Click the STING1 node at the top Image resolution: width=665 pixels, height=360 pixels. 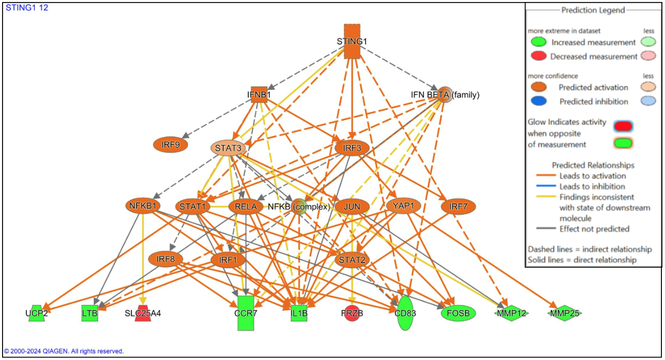pyautogui.click(x=352, y=41)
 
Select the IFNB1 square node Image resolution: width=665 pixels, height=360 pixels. pyautogui.click(x=259, y=94)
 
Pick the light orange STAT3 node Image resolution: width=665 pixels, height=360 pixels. pyautogui.click(x=228, y=149)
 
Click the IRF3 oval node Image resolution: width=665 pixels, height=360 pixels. pyautogui.click(x=352, y=149)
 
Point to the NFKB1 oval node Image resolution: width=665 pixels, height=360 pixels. pyautogui.click(x=140, y=206)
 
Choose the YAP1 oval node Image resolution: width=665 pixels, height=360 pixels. pyautogui.click(x=404, y=206)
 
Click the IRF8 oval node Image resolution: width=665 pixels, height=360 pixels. pyautogui.click(x=165, y=259)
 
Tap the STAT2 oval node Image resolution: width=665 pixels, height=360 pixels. pyautogui.click(x=352, y=259)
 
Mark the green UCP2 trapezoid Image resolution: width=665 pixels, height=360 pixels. pyautogui.click(x=36, y=313)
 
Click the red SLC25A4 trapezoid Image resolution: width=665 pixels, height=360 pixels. pyautogui.click(x=143, y=313)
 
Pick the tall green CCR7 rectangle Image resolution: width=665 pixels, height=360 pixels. pyautogui.click(x=246, y=313)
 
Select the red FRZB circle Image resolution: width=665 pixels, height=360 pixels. pyautogui.click(x=352, y=313)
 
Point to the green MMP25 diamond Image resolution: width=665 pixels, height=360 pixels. pyautogui.click(x=564, y=313)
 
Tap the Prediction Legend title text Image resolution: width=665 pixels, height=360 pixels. pyautogui.click(x=593, y=10)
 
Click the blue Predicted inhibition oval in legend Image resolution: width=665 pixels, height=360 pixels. pyautogui.click(x=538, y=102)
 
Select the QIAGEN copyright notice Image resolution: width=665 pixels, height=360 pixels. pyautogui.click(x=64, y=351)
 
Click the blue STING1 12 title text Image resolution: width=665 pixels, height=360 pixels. pyautogui.click(x=27, y=8)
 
